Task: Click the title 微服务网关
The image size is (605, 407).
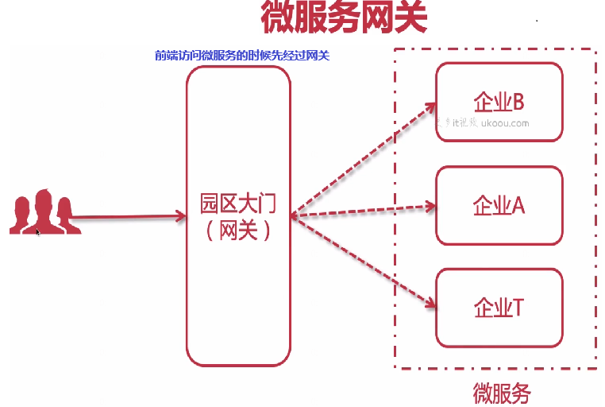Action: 344,17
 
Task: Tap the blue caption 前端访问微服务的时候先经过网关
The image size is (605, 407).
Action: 242,56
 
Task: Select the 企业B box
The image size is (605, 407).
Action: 499,102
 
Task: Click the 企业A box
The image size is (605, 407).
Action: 499,205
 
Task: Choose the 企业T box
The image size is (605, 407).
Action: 499,307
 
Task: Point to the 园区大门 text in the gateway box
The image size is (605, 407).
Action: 237,203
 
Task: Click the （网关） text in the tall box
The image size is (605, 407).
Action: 237,231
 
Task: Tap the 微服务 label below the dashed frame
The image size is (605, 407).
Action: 501,393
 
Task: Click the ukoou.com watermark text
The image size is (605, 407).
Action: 503,123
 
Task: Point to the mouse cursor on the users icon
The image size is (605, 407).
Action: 37,231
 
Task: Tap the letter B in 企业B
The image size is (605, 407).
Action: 518,102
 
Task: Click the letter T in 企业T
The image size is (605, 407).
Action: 518,307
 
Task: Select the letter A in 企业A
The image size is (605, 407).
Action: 518,205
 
